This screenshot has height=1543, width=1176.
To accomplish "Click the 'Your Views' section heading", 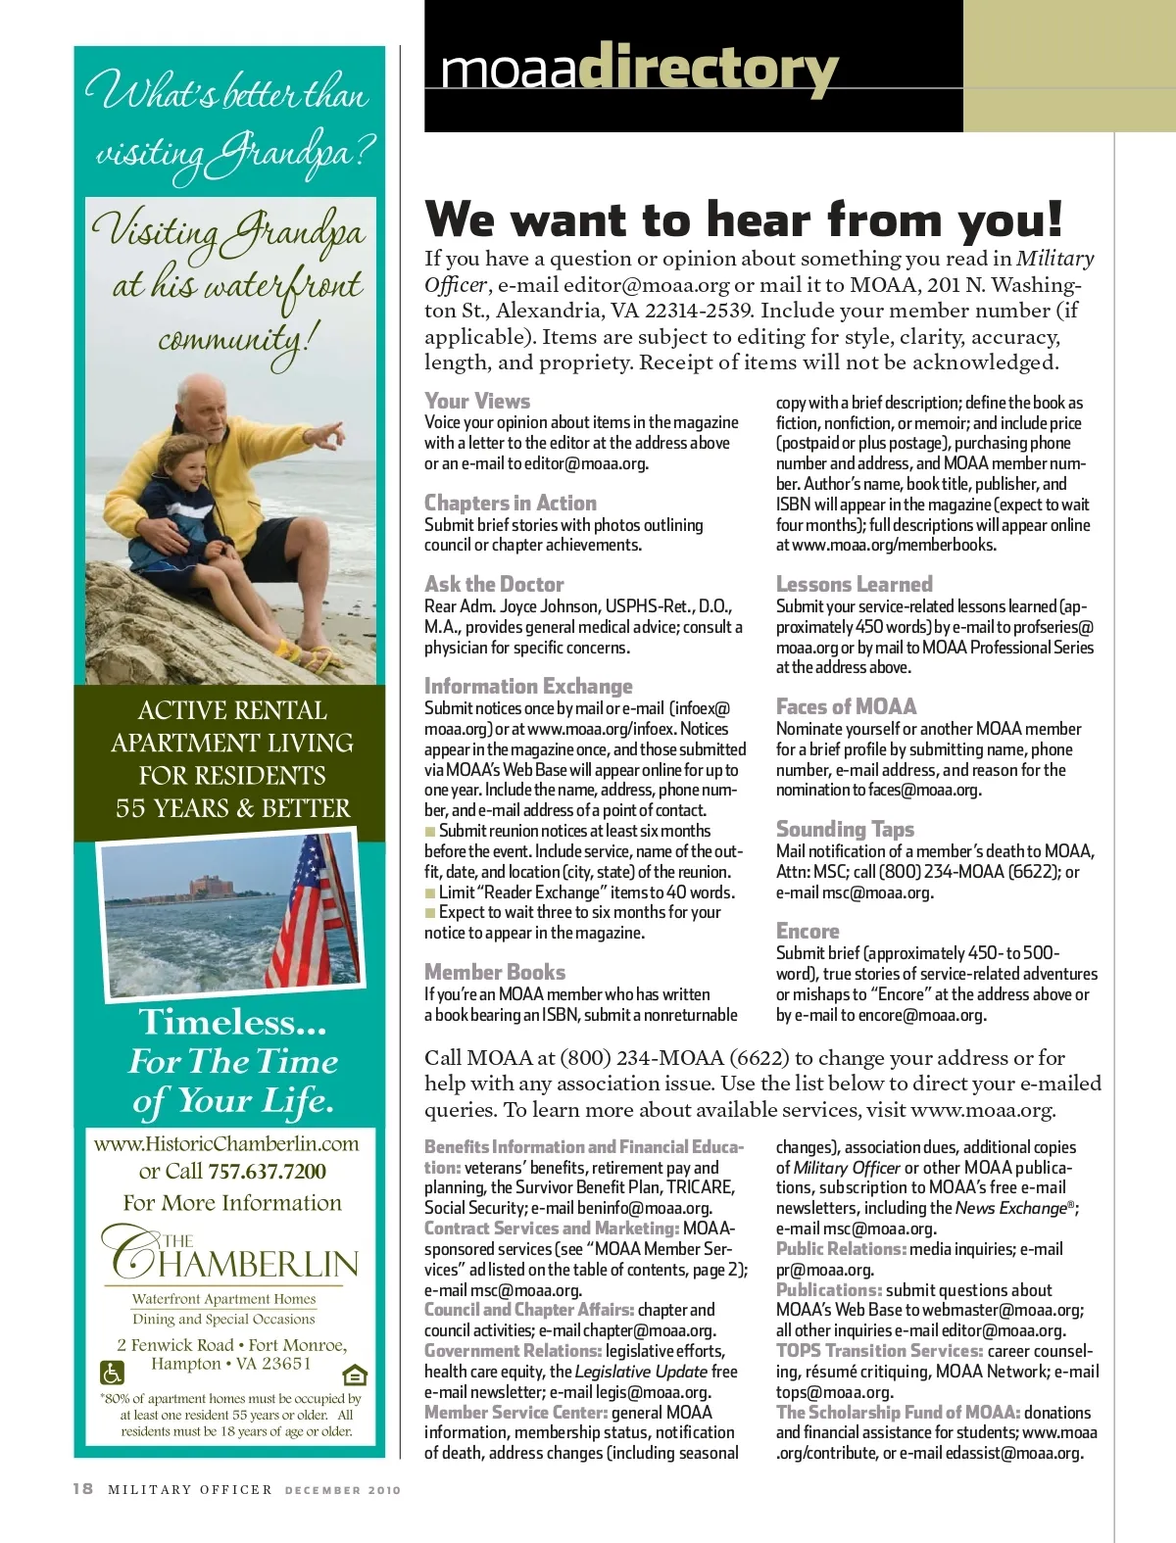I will point(477,401).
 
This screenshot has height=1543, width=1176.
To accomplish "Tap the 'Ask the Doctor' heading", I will point(494,584).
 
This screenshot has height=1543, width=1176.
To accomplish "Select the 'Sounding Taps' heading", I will point(845,829).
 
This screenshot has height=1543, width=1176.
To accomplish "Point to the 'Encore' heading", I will point(808,931).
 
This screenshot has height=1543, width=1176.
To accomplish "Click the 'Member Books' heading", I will point(495,972).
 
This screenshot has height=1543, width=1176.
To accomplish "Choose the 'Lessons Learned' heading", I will point(854,584).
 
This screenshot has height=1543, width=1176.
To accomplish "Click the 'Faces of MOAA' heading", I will point(846,706).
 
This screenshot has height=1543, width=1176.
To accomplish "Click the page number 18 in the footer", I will point(83,1488).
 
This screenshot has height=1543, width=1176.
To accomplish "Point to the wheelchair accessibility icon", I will point(113,1374).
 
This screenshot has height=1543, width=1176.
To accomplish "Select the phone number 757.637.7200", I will point(267,1171).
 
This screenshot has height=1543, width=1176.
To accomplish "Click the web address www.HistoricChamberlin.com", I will point(226,1143).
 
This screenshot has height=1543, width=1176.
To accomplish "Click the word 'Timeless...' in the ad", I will point(233,1022).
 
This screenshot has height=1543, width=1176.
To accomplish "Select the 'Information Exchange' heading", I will point(528,686).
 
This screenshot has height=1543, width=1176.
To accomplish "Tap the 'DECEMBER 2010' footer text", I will point(343,1490).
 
